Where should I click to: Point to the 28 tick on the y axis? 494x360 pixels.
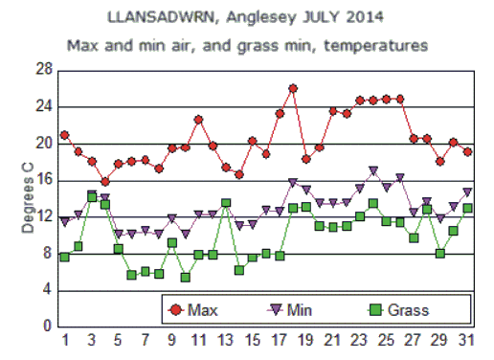coord(43,70)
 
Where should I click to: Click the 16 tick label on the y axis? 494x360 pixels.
coord(43,180)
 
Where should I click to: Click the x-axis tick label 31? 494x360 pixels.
coord(467,342)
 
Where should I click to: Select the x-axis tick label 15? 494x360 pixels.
coord(253,342)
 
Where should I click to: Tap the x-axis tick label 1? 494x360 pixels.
coord(65,342)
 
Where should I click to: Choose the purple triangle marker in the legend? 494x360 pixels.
coord(273,309)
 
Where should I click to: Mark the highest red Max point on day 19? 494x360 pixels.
coord(293,88)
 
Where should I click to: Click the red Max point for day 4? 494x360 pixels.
coord(105,182)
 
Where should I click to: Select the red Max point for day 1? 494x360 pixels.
coord(64,135)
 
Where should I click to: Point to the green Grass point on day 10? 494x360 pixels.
coord(186,277)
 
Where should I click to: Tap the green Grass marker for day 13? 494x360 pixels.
coord(226,203)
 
